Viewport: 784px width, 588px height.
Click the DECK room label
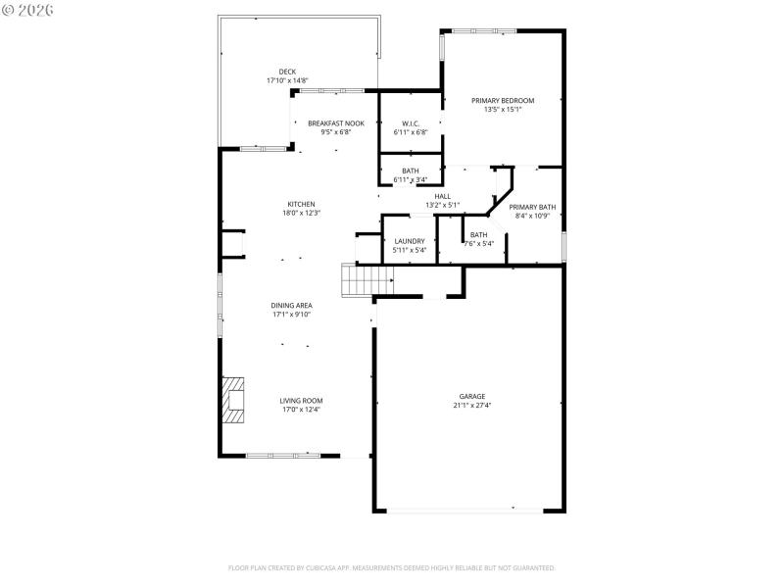[287, 72]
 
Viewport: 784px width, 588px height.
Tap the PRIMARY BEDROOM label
[503, 101]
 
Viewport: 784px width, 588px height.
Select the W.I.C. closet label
[410, 123]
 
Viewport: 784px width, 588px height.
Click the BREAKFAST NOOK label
[336, 123]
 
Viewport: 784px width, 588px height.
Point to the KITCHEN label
[301, 204]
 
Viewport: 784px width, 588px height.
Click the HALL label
[442, 197]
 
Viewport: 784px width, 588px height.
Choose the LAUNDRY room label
[410, 241]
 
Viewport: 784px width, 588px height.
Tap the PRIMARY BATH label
[532, 207]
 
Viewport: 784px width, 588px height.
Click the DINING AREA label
[291, 306]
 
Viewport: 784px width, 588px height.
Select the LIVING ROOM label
[301, 400]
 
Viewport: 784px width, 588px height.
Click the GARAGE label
[471, 397]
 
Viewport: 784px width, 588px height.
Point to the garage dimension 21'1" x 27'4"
[471, 406]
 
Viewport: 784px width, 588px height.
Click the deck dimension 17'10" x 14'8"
[287, 80]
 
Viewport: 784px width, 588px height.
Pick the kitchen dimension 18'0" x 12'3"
[301, 213]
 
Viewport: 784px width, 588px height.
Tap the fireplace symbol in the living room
[232, 400]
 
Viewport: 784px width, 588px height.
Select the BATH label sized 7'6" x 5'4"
[478, 234]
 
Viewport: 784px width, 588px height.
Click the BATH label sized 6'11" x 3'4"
[410, 171]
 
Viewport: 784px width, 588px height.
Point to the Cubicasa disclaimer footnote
[392, 567]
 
